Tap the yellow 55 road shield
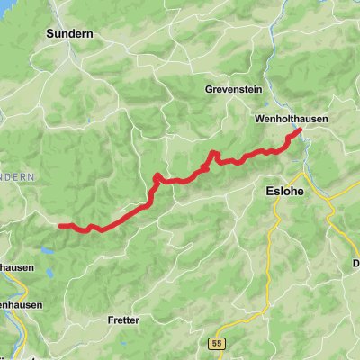(241, 342)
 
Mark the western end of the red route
(60, 225)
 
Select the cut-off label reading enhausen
(16, 305)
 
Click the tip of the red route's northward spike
(213, 153)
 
